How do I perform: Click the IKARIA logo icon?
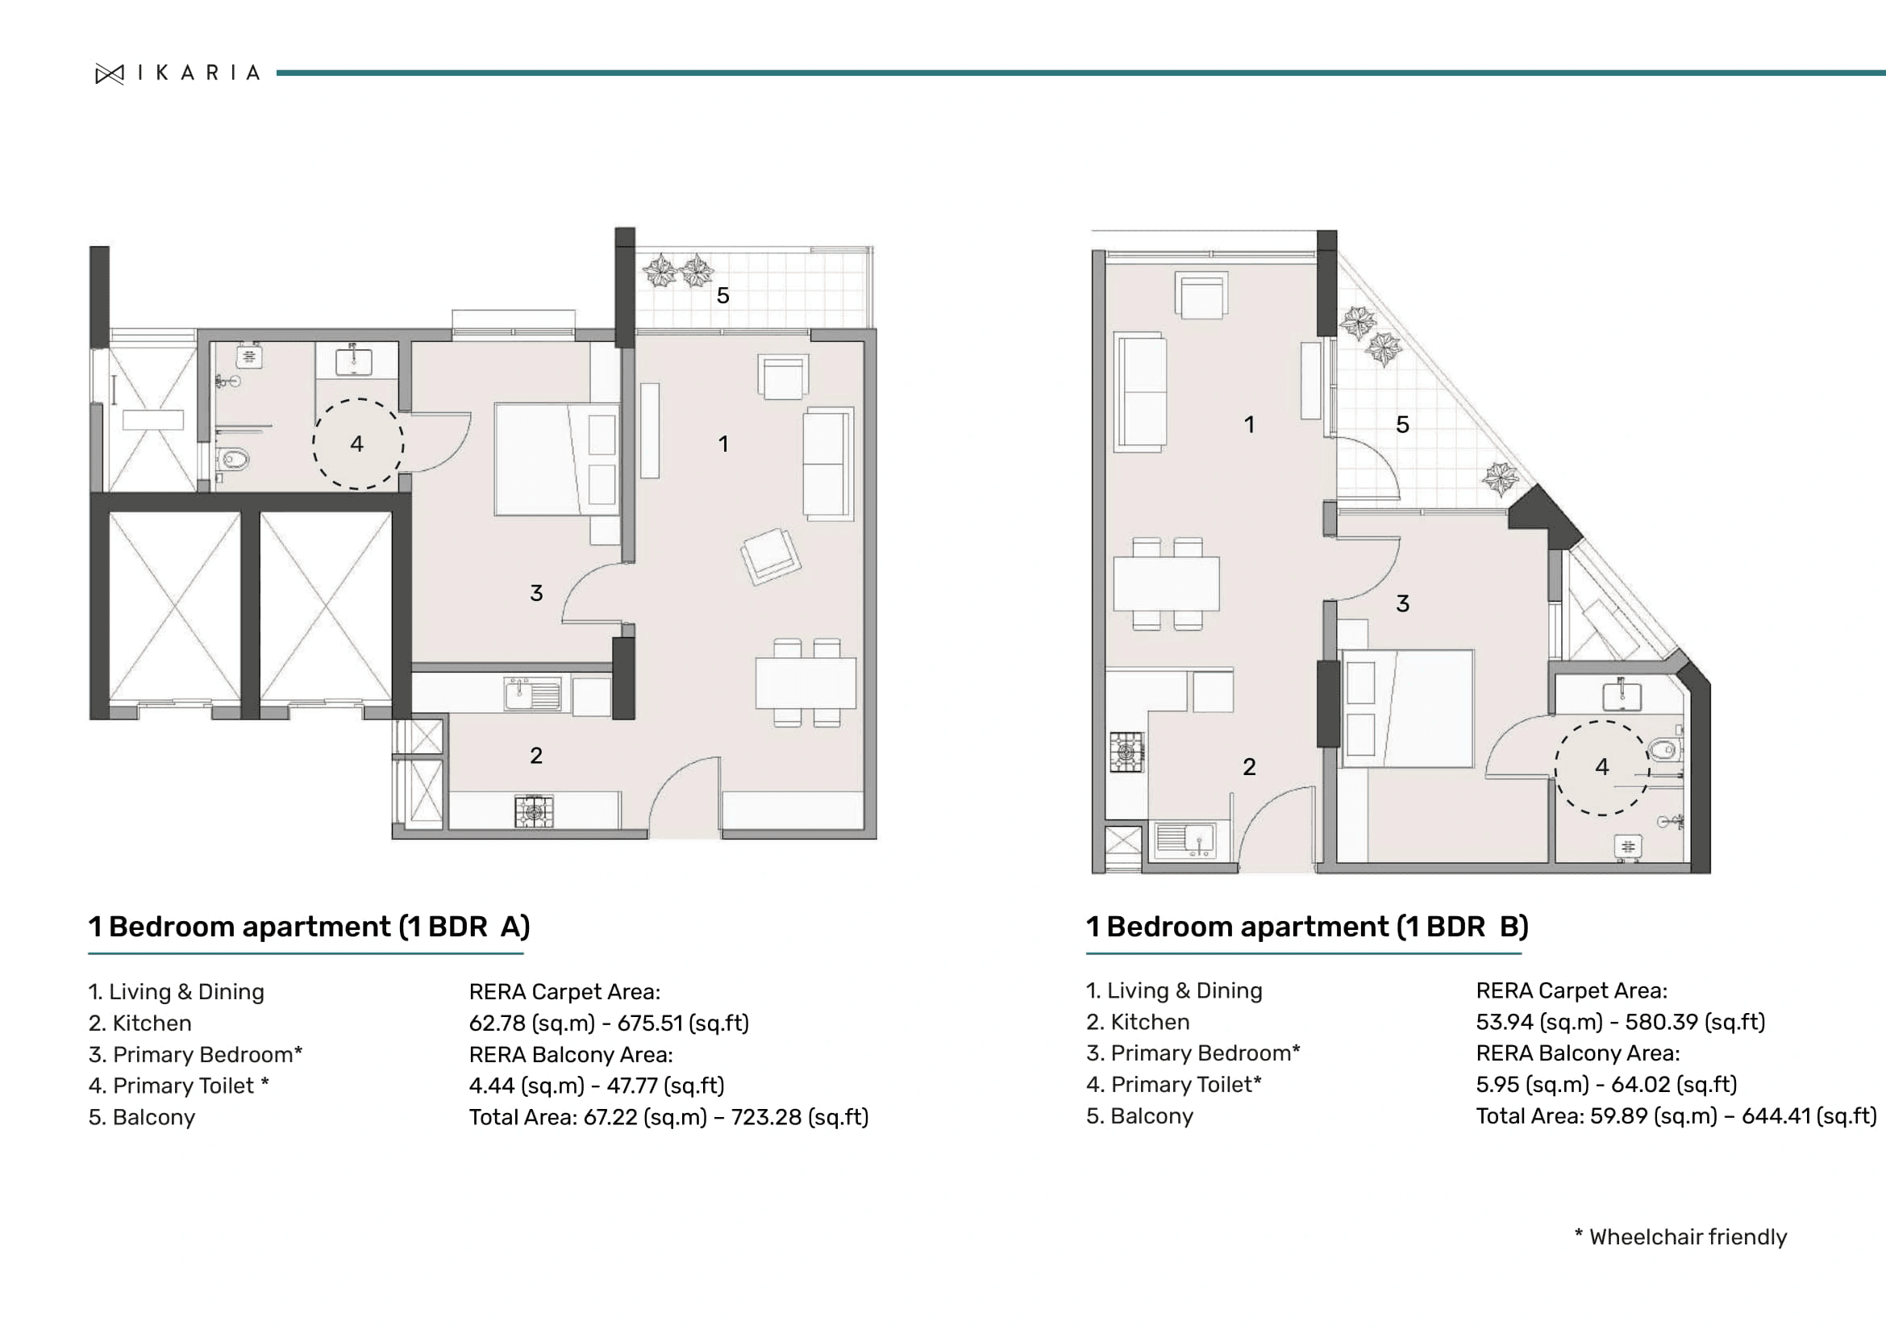click(109, 74)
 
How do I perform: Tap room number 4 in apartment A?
click(356, 444)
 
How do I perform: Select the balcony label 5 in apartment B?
click(1402, 425)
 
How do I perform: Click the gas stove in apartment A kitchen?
click(534, 811)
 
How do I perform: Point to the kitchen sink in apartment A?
click(532, 695)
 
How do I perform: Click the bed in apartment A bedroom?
click(555, 459)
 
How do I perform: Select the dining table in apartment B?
click(1166, 583)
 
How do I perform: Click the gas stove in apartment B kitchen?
click(1126, 752)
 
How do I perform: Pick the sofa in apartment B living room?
click(1140, 392)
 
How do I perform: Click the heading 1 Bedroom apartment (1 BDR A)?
click(309, 927)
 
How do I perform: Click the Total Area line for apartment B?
click(1675, 1116)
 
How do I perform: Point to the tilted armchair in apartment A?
click(771, 557)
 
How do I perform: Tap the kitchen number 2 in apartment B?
click(1248, 767)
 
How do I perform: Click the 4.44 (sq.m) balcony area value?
click(526, 1086)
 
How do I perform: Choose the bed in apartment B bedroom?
click(1405, 708)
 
